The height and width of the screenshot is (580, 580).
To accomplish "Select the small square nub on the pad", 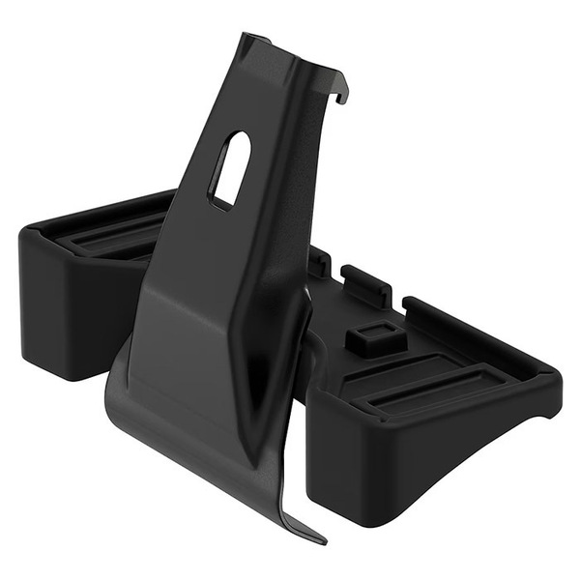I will tap(373, 338).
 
